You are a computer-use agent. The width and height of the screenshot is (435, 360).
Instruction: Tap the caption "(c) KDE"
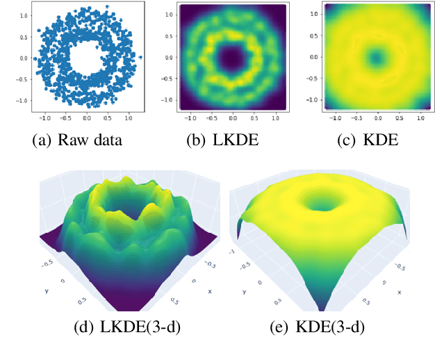click(x=367, y=140)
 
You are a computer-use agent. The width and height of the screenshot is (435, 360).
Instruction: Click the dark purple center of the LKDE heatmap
click(x=232, y=58)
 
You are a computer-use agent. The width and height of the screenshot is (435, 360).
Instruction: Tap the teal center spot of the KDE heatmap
click(x=376, y=58)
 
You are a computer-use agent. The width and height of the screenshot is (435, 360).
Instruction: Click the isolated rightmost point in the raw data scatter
click(x=140, y=58)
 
